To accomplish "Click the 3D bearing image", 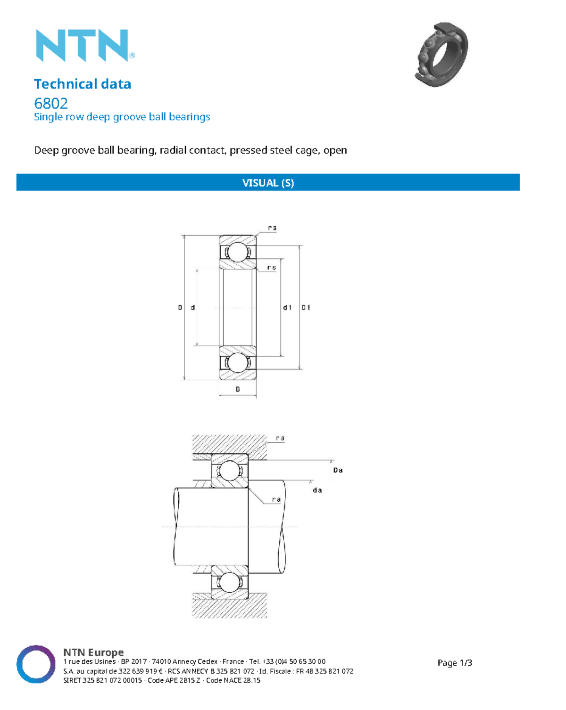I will tap(441, 54).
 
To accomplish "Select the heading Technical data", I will tap(83, 84).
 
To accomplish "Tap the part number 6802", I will tap(51, 103).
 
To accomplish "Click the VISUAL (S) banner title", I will tap(268, 183).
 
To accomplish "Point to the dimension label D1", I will tap(306, 308).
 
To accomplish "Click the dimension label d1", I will tap(287, 308).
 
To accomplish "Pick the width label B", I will tap(238, 390).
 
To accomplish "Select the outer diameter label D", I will tap(180, 308).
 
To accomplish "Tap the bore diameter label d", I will tap(192, 308).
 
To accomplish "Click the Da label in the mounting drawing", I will tap(338, 470).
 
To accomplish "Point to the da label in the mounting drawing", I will tap(317, 490).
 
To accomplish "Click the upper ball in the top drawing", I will tap(237, 252).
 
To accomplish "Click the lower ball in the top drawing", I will tap(237, 363).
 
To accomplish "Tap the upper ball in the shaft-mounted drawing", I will tap(230, 471).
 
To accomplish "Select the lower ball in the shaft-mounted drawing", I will tap(230, 583).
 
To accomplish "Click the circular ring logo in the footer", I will tap(36, 664).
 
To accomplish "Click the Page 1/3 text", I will tap(455, 663).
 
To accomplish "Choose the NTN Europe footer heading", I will tap(93, 653).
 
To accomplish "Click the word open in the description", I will tap(335, 151).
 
